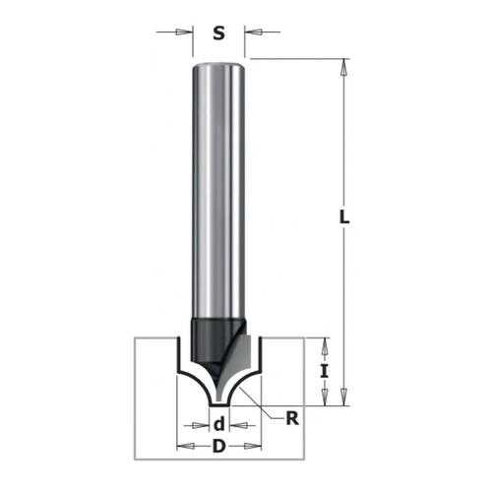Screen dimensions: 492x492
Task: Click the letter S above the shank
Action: [x=218, y=33]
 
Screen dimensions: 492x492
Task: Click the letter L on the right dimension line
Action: [x=344, y=217]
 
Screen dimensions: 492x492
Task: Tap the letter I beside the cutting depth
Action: [x=324, y=372]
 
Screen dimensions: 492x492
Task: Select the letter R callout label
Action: [x=292, y=418]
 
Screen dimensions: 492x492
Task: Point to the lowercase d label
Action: [x=219, y=424]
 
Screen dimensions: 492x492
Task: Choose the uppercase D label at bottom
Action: [x=219, y=446]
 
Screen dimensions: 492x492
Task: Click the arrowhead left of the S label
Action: [x=184, y=32]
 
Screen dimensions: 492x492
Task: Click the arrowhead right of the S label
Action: [x=253, y=32]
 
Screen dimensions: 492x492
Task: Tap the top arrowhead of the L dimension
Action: [x=343, y=67]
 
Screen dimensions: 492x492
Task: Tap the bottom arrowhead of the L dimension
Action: [x=343, y=398]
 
